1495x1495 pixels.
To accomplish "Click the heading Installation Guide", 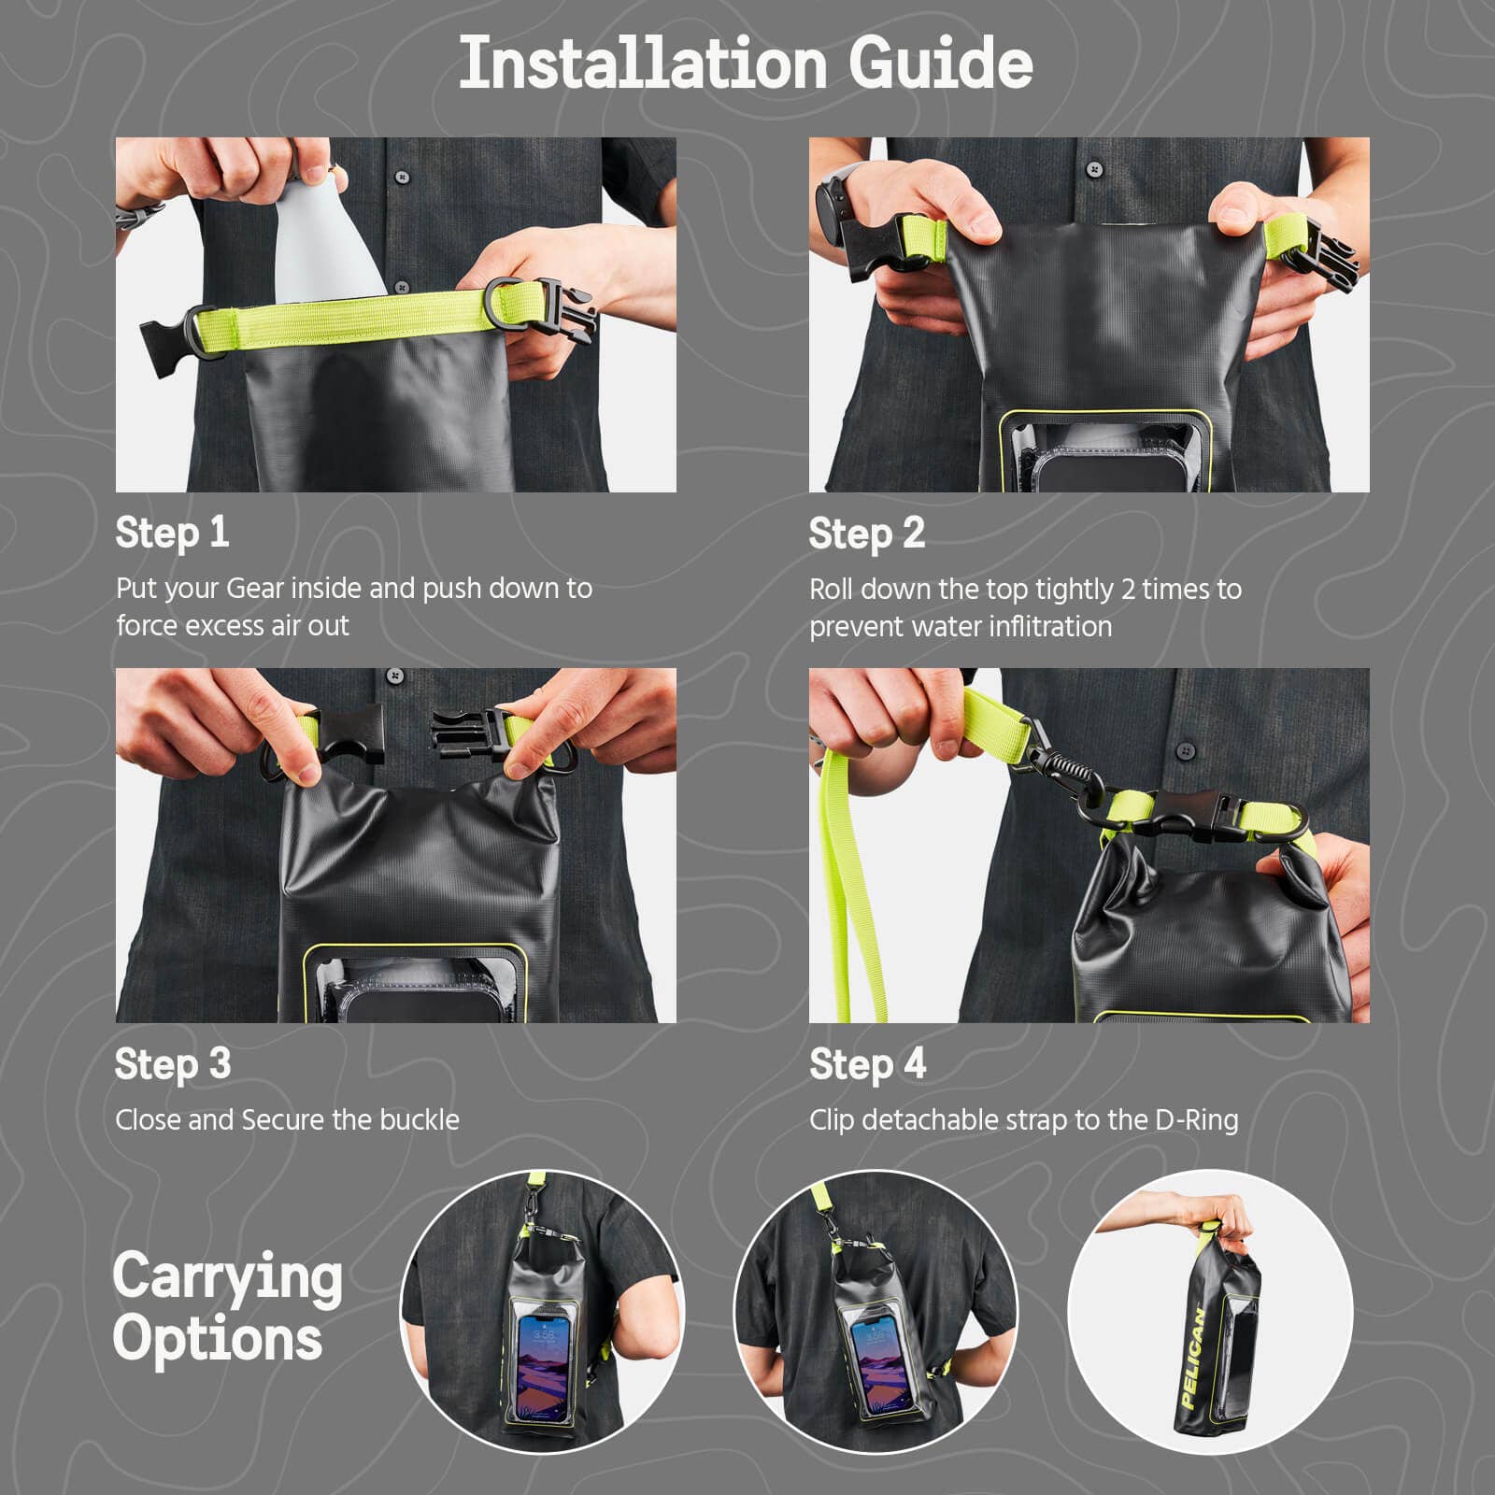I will pos(746,64).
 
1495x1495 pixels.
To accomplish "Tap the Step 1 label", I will pos(172,533).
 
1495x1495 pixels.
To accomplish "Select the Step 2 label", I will pos(866,534).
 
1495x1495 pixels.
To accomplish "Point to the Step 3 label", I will pos(172,1064).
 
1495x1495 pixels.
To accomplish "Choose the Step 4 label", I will pos(867,1064).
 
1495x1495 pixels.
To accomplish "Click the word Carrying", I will pos(227,1276).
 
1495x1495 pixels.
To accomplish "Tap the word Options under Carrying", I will pos(218,1338).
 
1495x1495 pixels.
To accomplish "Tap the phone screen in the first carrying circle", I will pos(543,1368).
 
